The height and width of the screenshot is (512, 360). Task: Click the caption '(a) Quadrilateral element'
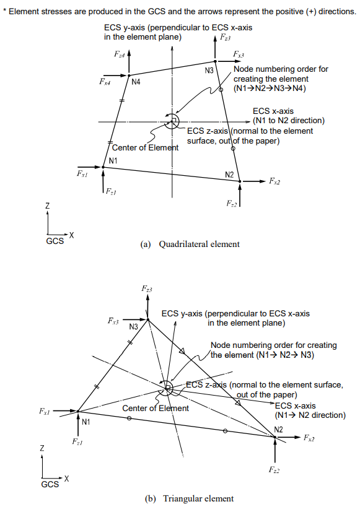[190, 244]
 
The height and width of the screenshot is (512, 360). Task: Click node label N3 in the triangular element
[133, 326]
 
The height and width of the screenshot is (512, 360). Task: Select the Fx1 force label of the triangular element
[45, 411]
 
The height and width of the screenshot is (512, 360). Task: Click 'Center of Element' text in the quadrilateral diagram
[145, 147]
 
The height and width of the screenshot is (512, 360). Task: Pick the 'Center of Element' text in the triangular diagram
[156, 408]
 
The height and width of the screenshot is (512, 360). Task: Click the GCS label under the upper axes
[55, 241]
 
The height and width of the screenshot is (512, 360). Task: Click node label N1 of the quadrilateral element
[113, 161]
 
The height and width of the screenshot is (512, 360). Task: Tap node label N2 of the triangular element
[279, 429]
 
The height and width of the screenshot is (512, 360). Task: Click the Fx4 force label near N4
[105, 81]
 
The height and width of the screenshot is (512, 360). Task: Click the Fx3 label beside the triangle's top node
[113, 321]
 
